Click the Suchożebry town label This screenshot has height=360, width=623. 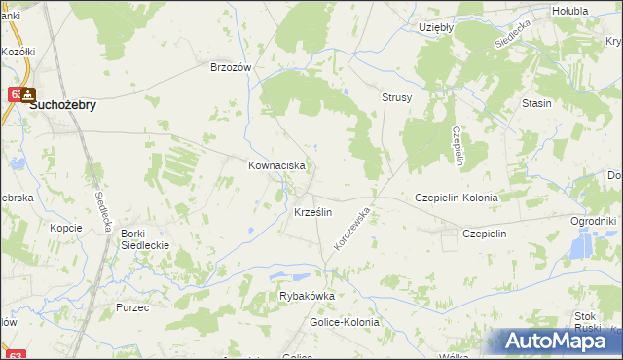coord(62,107)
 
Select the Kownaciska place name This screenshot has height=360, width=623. coord(277,166)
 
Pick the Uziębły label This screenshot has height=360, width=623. coord(436,27)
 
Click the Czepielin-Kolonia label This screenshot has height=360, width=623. coord(457,198)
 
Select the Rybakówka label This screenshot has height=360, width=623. coord(307,296)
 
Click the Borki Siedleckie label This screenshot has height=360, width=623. coord(145,239)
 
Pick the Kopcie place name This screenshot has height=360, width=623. coord(66,227)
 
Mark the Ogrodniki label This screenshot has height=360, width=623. coord(594,221)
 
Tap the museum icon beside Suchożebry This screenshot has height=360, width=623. coord(28,95)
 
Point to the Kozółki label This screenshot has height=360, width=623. coord(18,51)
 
